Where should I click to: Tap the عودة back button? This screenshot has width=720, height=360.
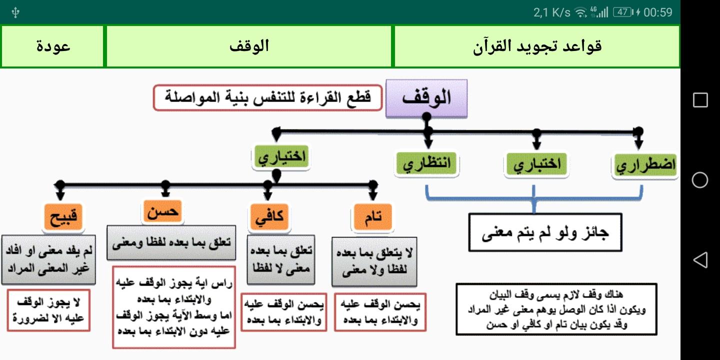(53, 46)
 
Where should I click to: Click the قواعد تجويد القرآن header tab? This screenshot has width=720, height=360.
(536, 46)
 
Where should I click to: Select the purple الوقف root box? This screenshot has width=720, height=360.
(426, 97)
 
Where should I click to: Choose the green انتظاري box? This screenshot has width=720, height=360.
(426, 163)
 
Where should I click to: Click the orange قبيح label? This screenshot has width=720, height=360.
(62, 217)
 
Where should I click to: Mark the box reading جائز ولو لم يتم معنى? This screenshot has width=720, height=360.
(545, 232)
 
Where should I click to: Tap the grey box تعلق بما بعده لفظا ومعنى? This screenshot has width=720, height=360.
(171, 242)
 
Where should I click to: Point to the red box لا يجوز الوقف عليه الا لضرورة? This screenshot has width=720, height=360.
(48, 310)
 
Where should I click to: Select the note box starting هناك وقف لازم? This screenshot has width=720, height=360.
(556, 309)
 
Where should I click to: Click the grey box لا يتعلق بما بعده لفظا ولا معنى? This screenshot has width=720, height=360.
(374, 261)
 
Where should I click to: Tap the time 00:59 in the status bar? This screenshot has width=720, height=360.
(658, 12)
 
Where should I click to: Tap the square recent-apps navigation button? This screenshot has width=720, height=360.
(700, 100)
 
